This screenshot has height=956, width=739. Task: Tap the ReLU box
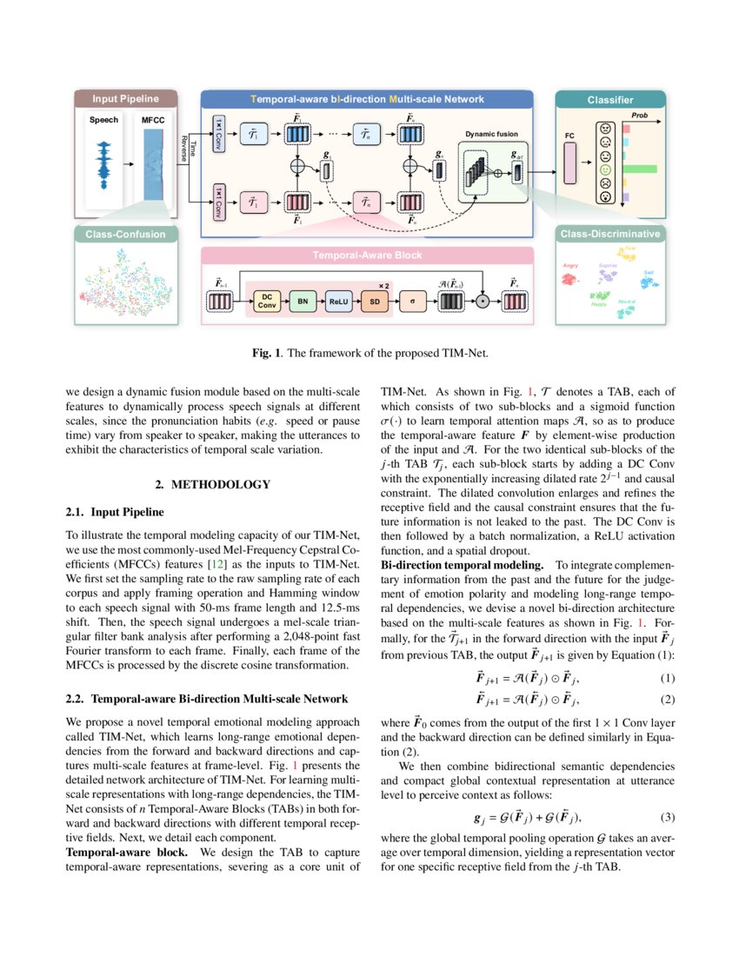click(x=337, y=302)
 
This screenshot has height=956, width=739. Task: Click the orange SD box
click(x=374, y=302)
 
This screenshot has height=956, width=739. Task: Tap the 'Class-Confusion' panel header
click(x=125, y=234)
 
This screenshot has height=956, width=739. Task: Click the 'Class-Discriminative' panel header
click(x=609, y=234)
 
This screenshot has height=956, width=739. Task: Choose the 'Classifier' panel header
click(x=609, y=100)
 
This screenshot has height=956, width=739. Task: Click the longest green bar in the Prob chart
click(x=642, y=168)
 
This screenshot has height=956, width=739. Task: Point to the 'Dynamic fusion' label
click(x=490, y=136)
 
